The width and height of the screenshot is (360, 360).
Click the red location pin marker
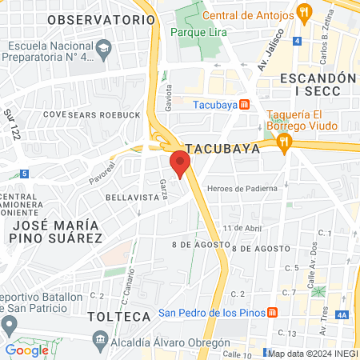[x=180, y=163]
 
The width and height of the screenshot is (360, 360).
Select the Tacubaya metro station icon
[x=245, y=103]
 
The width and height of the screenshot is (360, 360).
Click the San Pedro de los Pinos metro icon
[x=272, y=312]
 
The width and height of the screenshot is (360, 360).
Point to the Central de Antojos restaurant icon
[x=302, y=13]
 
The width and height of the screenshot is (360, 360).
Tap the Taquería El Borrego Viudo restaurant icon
[x=283, y=141]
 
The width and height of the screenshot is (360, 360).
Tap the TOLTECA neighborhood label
[x=119, y=317]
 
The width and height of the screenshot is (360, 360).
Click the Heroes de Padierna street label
[x=242, y=188]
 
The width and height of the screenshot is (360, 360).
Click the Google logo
[x=26, y=350]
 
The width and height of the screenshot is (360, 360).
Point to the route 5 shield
[x=25, y=173]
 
